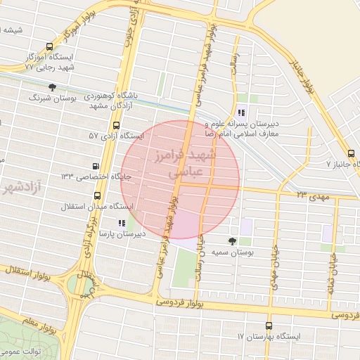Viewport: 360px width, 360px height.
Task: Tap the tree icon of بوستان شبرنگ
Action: coord(53,87)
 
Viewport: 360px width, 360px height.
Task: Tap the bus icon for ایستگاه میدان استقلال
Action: coord(96,197)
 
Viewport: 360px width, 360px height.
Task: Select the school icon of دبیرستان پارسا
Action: coord(122,223)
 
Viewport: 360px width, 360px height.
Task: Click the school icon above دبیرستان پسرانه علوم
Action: coord(241,112)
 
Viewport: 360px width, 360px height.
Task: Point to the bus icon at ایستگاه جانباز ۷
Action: coord(351,153)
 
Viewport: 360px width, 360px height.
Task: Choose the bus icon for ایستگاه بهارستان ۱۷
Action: coord(269,326)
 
